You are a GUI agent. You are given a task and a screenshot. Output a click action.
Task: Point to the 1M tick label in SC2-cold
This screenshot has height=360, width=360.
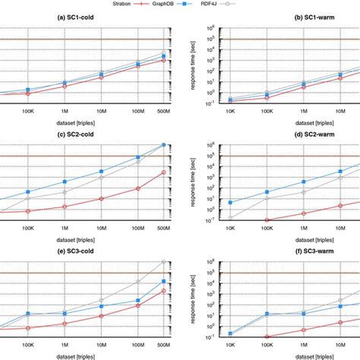coord(65,226)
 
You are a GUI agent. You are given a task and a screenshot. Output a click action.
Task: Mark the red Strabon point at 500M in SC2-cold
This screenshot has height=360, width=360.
coord(165,172)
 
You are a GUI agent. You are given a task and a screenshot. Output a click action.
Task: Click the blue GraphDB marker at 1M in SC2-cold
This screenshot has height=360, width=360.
coord(65,182)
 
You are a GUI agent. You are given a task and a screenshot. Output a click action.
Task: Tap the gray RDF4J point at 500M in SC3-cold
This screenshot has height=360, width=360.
coord(165,262)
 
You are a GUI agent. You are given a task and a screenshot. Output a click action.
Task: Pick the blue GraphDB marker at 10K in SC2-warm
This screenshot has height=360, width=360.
coord(231,203)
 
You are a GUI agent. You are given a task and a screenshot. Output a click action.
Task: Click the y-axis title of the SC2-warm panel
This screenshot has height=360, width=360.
coord(195,182)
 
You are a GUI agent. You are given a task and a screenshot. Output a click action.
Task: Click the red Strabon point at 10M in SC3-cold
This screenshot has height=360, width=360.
coord(102,316)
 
